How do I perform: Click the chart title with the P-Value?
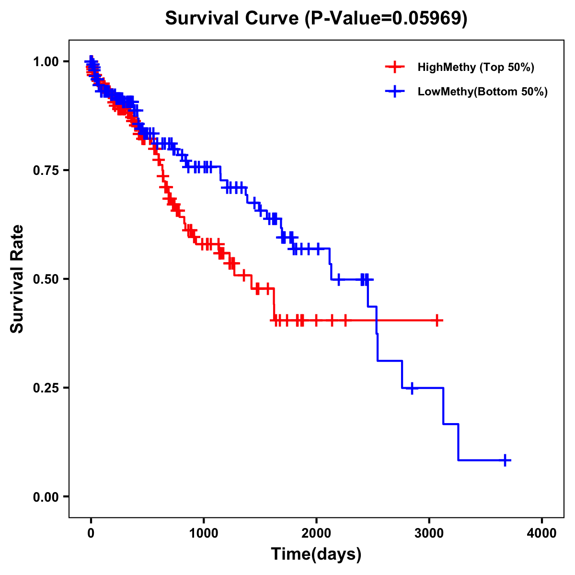point(316,19)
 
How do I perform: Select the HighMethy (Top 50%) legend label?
point(475,67)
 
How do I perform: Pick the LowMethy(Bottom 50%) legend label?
point(482,92)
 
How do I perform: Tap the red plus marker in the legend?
point(394,67)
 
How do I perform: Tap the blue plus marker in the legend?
point(394,92)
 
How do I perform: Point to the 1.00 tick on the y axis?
point(45,62)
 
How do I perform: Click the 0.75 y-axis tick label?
point(45,171)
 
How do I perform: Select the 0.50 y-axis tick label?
point(45,279)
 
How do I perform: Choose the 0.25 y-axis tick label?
point(45,388)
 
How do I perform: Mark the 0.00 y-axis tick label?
point(45,497)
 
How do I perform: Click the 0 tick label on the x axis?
point(91,533)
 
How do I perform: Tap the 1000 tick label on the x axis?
point(204,533)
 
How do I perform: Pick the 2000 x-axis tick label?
point(316,533)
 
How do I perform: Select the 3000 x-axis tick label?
point(429,533)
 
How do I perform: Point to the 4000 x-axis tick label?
point(542,533)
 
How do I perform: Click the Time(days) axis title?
point(316,554)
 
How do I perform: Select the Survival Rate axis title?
point(17,279)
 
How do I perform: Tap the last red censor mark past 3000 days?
point(437,320)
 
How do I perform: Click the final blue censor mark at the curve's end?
point(505,460)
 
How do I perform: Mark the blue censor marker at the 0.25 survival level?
point(411,388)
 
